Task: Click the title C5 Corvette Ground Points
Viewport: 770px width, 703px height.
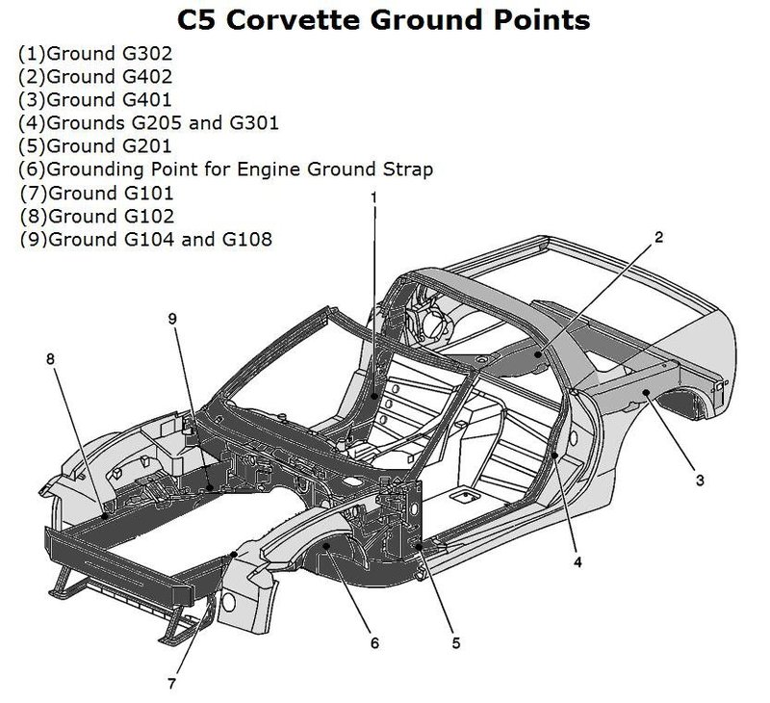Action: [386, 19]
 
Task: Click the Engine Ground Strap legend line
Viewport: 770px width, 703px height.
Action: [225, 169]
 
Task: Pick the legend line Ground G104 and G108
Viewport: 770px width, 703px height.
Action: [144, 238]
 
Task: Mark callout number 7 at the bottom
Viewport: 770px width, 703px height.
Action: [171, 685]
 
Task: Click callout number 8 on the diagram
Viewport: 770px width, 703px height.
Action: [50, 359]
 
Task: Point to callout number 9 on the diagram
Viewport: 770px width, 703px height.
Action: [173, 319]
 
